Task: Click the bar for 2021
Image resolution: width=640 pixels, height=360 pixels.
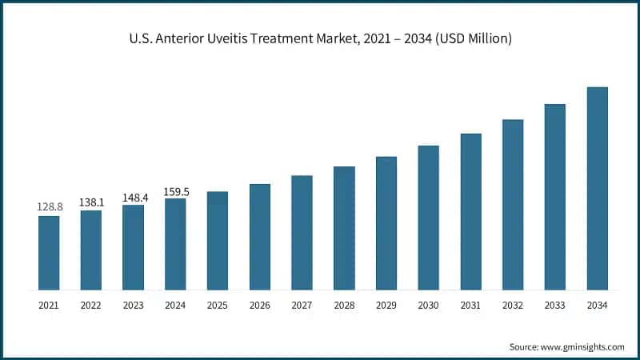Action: coord(49,253)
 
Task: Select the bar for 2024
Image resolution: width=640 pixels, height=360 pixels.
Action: coord(175,244)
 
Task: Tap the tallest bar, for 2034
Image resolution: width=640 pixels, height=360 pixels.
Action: coord(597,188)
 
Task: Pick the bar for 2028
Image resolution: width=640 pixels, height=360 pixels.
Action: coord(344,228)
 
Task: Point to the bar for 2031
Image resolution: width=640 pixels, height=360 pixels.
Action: coord(470,211)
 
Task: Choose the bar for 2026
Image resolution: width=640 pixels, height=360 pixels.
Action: coord(260,237)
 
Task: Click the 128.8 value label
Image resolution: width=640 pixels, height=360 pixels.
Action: coord(49,207)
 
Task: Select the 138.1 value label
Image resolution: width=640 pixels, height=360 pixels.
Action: coord(91,202)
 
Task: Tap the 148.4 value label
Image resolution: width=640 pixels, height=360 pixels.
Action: coord(133,196)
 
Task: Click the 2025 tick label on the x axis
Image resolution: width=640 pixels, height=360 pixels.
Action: coord(218,305)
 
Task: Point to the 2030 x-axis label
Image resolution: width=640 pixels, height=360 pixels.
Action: coord(428,305)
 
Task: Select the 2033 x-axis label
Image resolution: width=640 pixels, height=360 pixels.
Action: coord(554,305)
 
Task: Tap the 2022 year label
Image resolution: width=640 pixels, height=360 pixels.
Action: coord(91,305)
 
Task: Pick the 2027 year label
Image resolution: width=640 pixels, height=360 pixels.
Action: coord(302,305)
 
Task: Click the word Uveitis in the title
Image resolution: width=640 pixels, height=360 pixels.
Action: coord(247,37)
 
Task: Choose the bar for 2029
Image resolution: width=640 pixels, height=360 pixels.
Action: coord(386,223)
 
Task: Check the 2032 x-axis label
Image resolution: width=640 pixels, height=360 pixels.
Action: coord(513,305)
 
